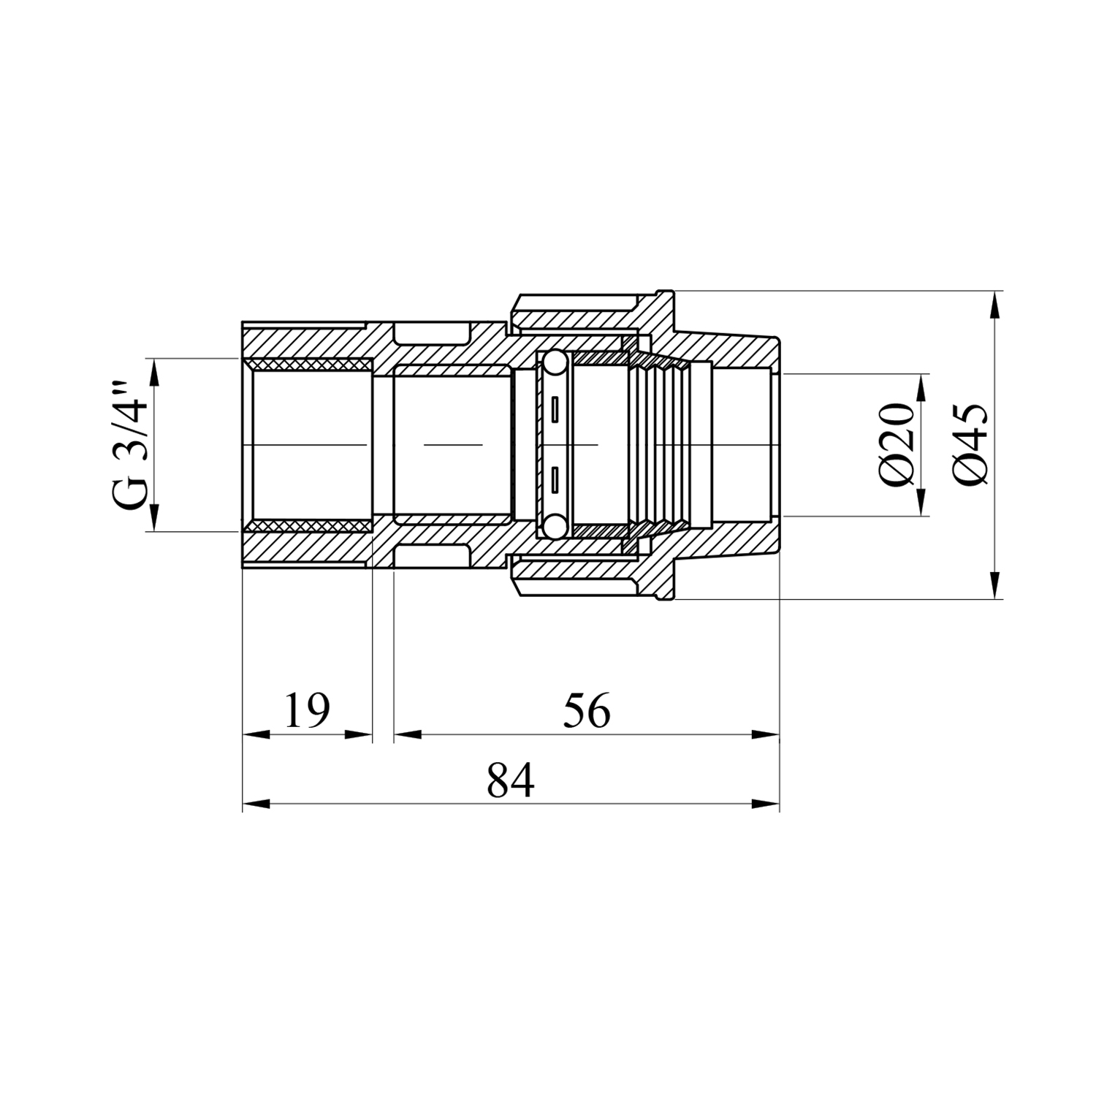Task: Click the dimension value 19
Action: click(307, 710)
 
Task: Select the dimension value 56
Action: click(587, 710)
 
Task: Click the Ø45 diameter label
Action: click(971, 444)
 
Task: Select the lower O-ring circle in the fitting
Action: click(554, 527)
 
